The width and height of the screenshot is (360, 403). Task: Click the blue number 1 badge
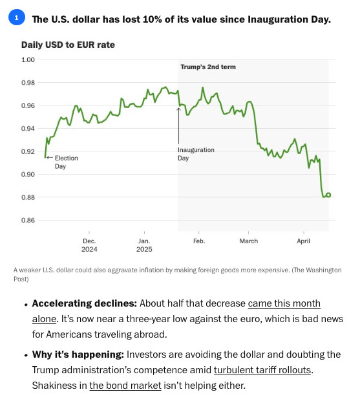coord(17,17)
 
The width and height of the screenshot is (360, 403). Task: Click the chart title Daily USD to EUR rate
coord(68,45)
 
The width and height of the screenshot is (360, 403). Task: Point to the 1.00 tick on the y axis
coord(28,60)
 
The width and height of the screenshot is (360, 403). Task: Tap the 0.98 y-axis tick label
coord(28,83)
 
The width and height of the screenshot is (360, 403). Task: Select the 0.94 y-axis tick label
coord(28,128)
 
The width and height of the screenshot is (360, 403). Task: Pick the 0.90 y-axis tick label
coord(28,174)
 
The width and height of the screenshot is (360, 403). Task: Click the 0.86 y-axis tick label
coord(28,220)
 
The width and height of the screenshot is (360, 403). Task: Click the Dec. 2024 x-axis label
coord(89,245)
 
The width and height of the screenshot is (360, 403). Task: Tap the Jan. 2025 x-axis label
coord(144,245)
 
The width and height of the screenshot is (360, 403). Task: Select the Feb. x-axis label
coord(199,241)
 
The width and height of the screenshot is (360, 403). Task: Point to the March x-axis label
coord(249,241)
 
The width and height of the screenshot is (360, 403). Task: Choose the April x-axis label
coord(304,241)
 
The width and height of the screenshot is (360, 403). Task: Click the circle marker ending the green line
coord(328,195)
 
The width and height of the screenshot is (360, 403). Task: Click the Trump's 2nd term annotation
coord(208,67)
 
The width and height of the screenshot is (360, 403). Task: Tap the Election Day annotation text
coord(67,162)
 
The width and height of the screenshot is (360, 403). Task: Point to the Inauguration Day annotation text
coord(196,154)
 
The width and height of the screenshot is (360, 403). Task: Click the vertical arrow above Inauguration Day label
coord(179,125)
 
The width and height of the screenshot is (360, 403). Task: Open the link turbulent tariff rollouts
coord(262,370)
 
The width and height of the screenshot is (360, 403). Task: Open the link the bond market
coord(125,386)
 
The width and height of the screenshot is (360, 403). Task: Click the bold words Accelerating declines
coord(85,303)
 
